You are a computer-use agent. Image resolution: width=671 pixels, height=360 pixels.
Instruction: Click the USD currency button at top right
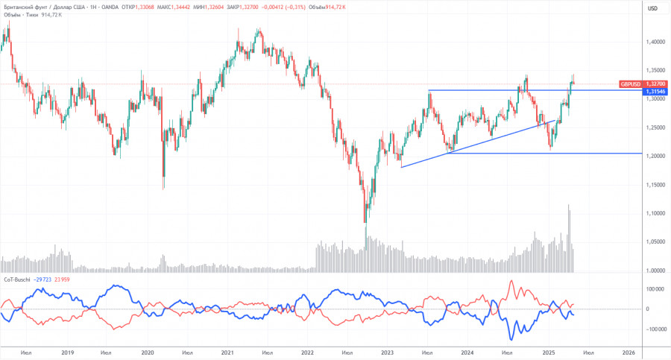click(653, 8)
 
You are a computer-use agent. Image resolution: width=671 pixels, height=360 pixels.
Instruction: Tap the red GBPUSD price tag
click(631, 84)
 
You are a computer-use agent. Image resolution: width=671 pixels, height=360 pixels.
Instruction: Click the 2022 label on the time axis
click(306, 353)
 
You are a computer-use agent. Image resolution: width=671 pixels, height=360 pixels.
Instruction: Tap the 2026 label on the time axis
click(628, 353)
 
